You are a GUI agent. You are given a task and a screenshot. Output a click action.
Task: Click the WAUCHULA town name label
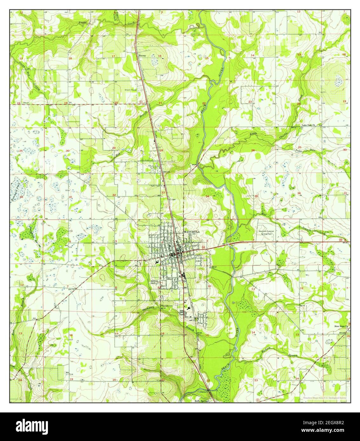[192, 232]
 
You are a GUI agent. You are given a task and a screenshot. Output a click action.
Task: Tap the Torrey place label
[142, 56]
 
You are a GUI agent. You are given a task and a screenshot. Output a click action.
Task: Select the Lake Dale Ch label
[308, 125]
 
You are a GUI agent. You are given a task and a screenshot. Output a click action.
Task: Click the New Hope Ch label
[342, 326]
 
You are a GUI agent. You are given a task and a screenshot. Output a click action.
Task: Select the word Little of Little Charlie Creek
[253, 134]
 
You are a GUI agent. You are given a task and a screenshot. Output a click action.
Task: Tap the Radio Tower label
[155, 186]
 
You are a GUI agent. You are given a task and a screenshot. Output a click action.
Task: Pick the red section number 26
[253, 150]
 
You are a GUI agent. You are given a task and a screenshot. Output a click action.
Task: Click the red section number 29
[114, 148]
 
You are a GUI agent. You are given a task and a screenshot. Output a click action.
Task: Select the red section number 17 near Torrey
[113, 56]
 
